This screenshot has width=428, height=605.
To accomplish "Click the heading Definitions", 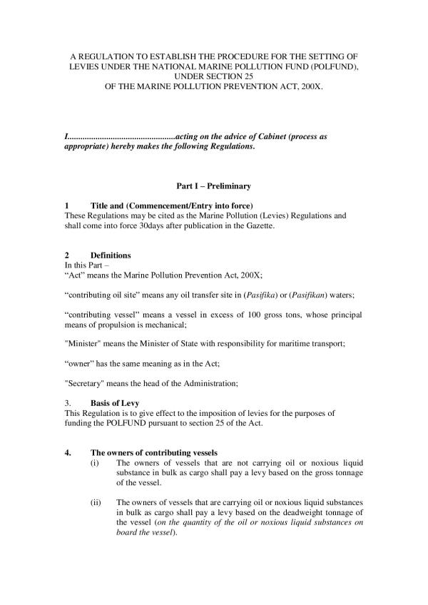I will [x=111, y=255].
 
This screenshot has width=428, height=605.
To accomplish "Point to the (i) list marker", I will [x=95, y=463].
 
